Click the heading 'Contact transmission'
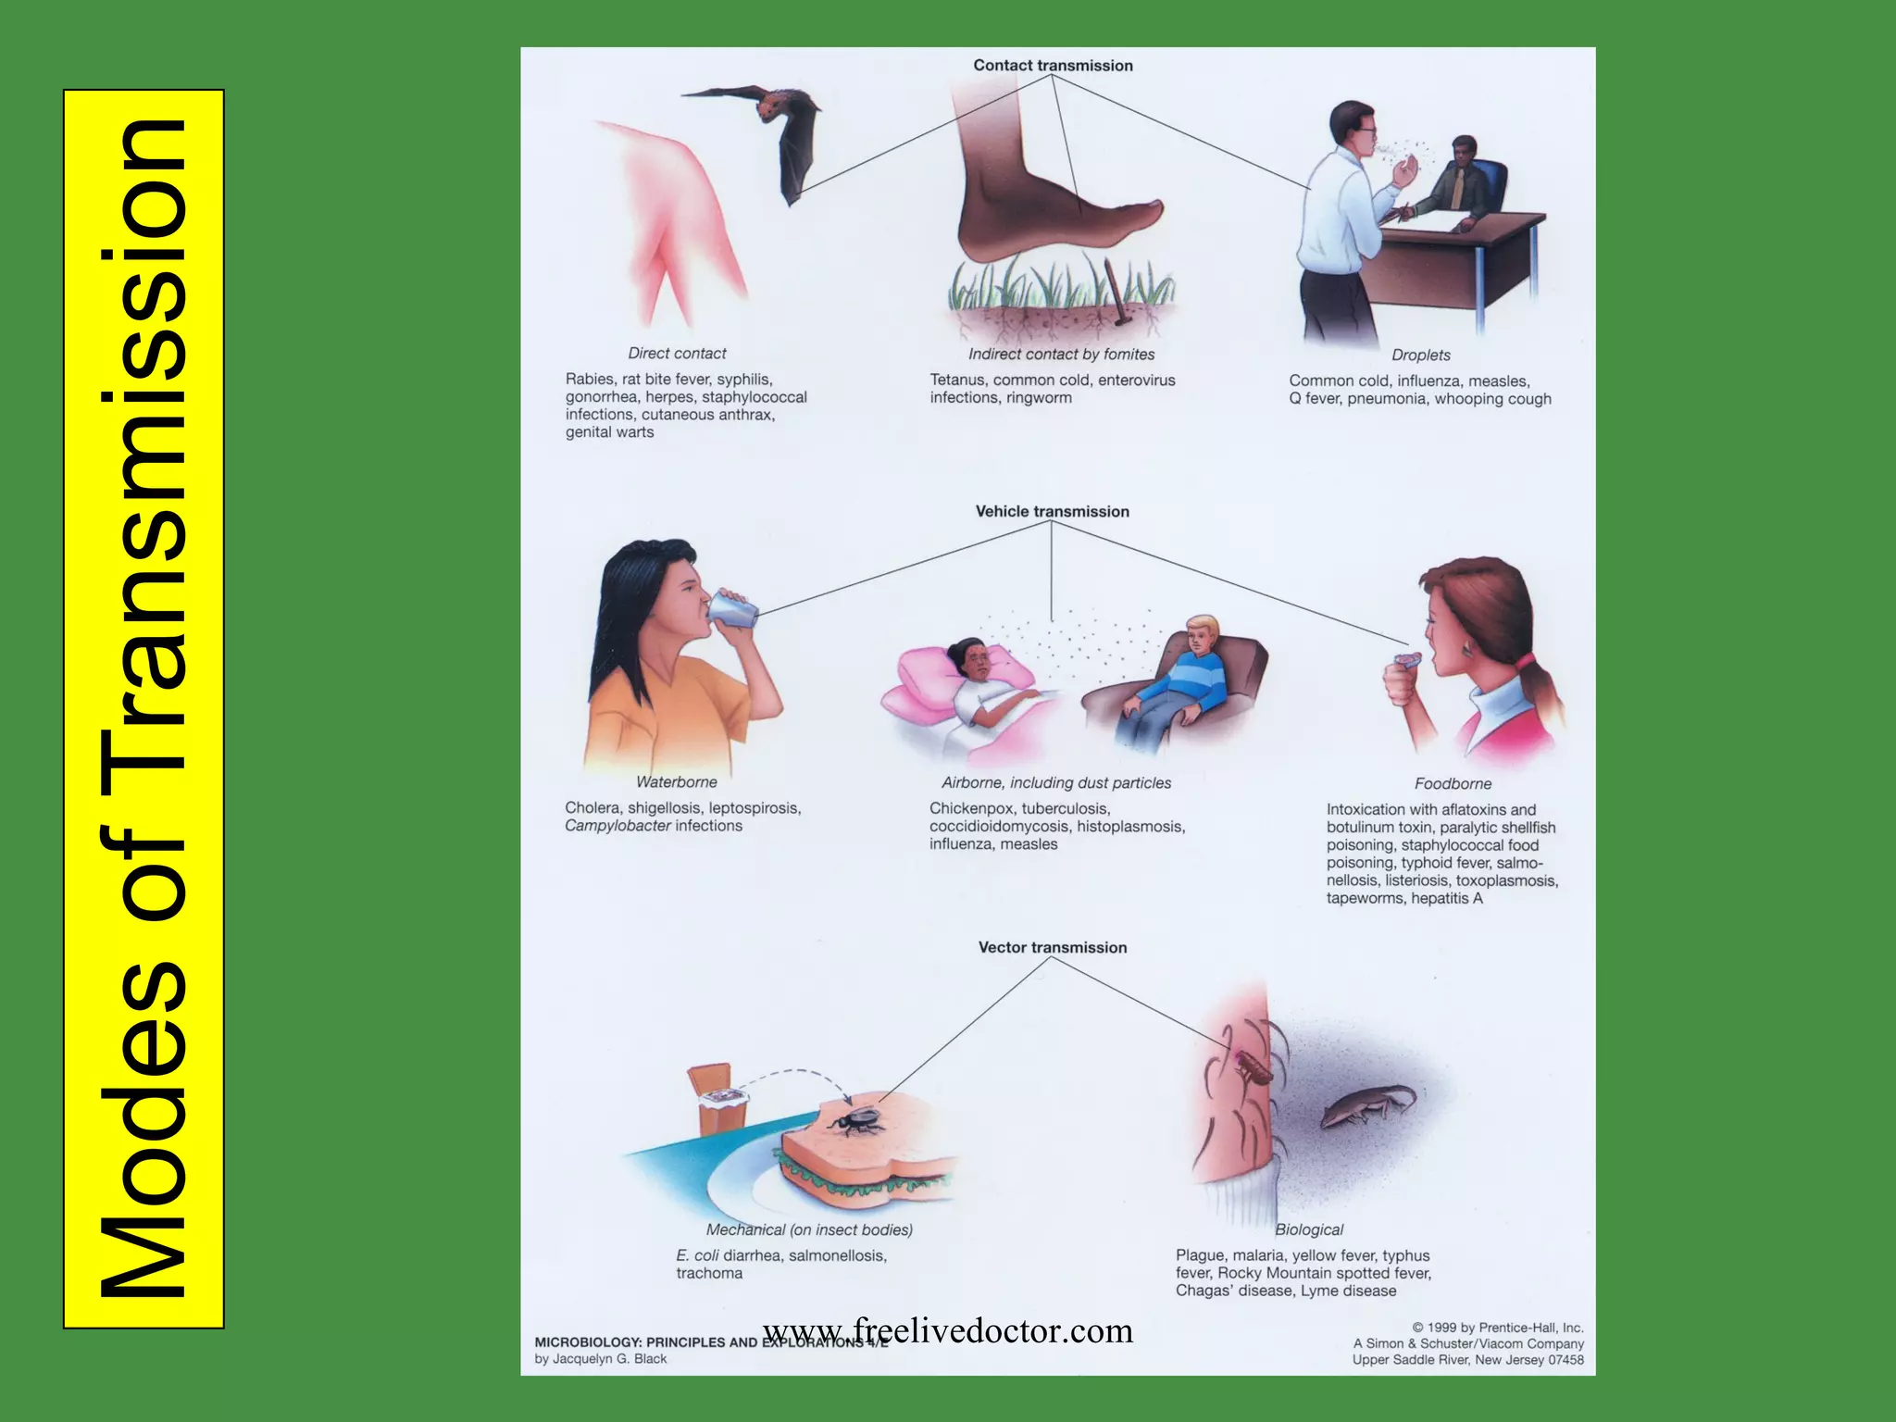click(1053, 66)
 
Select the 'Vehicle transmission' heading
click(1052, 512)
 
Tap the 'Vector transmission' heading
click(1053, 948)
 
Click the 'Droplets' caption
click(1421, 355)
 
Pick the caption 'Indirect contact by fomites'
click(1061, 355)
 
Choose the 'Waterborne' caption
click(676, 782)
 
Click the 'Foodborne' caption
click(1453, 784)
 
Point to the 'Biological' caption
click(1308, 1229)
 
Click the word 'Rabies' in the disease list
click(590, 380)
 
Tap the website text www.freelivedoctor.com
click(947, 1330)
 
